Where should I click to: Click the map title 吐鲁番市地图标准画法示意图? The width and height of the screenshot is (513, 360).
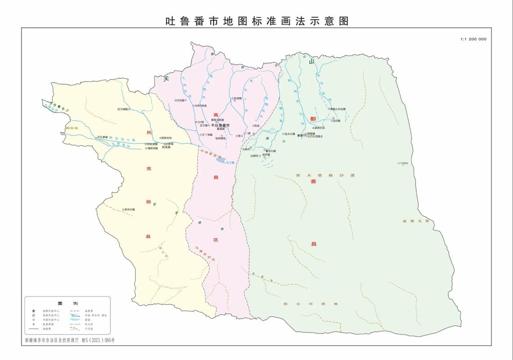click(x=257, y=21)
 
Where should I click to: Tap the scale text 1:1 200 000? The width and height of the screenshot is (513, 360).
click(x=473, y=39)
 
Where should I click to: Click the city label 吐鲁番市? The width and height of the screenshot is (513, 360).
click(x=223, y=125)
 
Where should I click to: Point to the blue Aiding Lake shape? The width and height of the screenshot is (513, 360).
click(x=221, y=160)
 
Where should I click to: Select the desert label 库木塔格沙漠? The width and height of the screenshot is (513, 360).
click(x=325, y=175)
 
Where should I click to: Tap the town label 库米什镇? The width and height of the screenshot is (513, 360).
click(x=131, y=209)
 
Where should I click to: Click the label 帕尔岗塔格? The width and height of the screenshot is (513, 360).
click(x=323, y=304)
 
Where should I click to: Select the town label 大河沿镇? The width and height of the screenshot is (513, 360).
click(x=180, y=101)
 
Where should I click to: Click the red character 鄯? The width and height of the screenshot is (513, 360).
click(x=313, y=119)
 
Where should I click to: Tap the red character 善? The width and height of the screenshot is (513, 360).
click(x=313, y=181)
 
